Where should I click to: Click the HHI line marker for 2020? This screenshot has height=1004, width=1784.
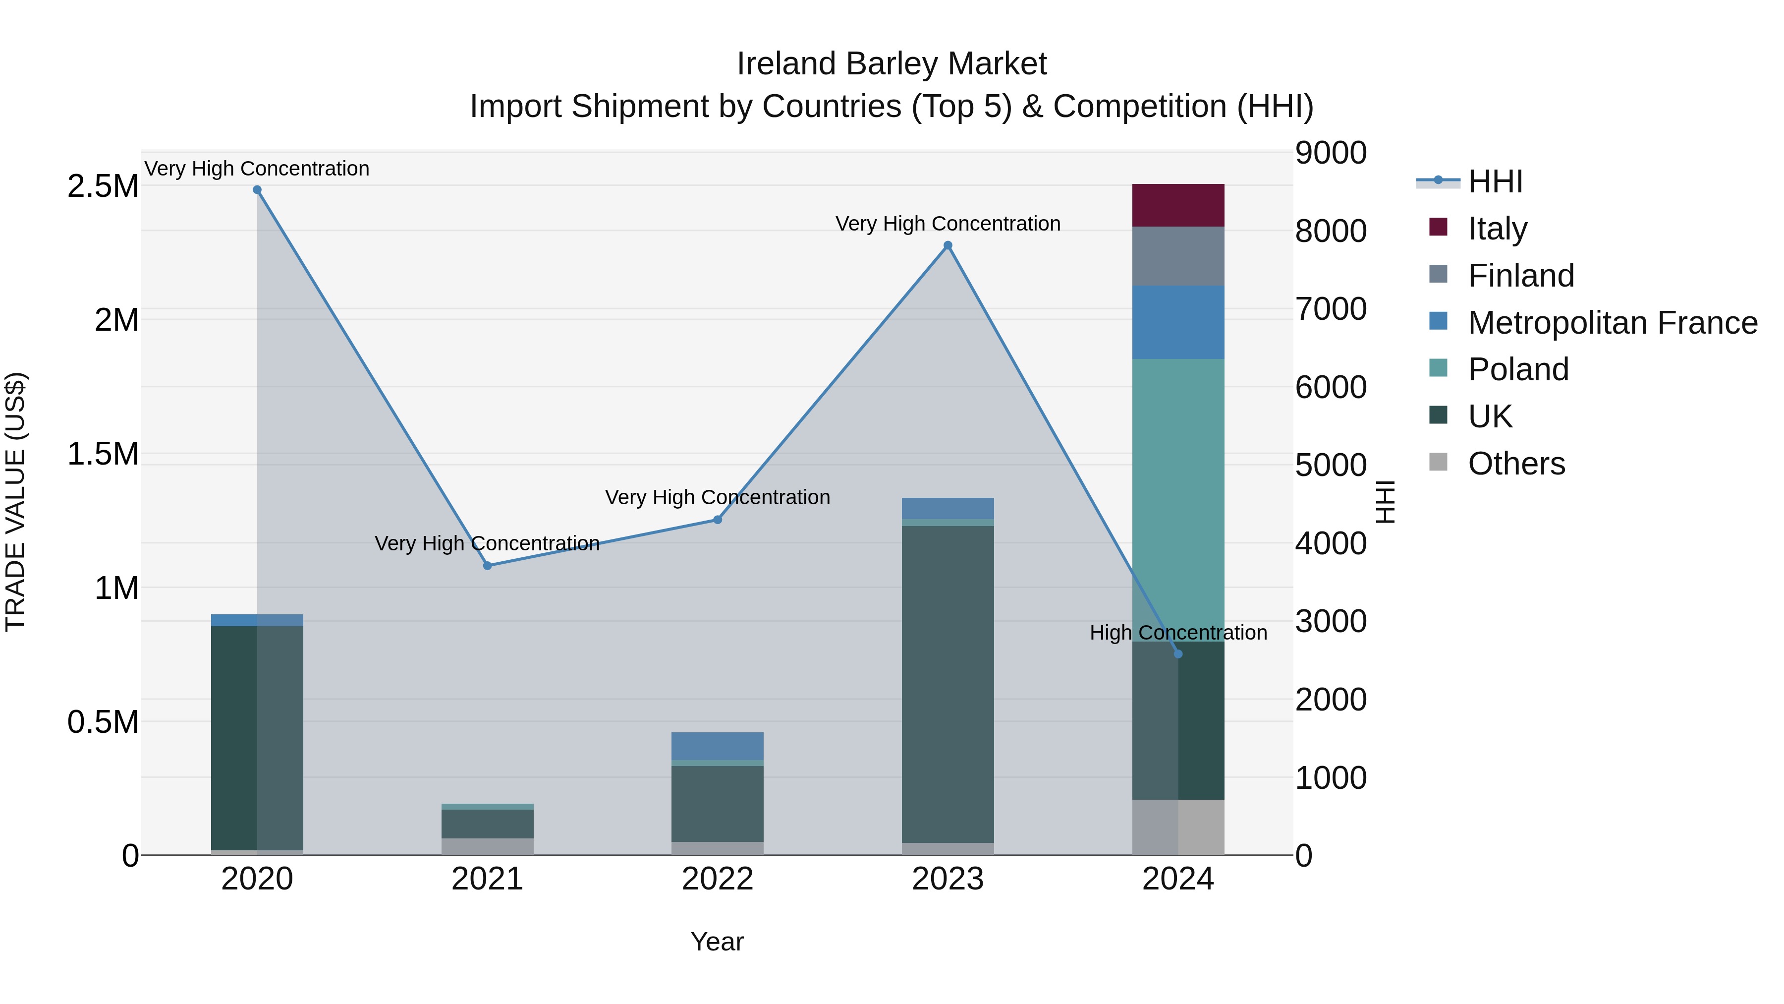(x=257, y=190)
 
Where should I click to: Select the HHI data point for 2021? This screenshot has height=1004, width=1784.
(x=488, y=565)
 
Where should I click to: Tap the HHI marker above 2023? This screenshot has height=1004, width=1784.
(x=948, y=245)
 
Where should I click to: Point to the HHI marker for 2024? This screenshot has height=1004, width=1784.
(x=1178, y=653)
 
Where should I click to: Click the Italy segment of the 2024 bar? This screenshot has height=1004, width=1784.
(x=1178, y=205)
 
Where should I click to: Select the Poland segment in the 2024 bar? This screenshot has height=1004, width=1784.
(x=1178, y=499)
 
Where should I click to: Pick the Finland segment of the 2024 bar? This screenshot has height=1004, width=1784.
(x=1178, y=256)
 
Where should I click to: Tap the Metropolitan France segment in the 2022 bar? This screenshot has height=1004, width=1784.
(x=718, y=746)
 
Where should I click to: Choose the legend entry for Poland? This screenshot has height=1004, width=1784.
(x=1517, y=369)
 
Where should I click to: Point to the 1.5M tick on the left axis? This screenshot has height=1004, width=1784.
(x=103, y=455)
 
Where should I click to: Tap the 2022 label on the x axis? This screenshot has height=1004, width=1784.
(x=718, y=879)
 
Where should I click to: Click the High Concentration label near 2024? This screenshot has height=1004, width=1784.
(x=1178, y=633)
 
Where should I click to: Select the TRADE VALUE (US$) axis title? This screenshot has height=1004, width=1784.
(x=16, y=502)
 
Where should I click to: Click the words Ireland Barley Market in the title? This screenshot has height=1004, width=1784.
(x=892, y=64)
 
